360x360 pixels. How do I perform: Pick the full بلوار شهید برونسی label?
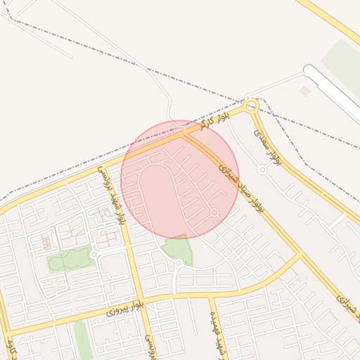(115, 195)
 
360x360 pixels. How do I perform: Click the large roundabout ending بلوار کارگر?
(252, 106)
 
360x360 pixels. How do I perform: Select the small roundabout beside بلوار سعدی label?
(262, 169)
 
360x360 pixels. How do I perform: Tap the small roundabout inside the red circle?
(214, 212)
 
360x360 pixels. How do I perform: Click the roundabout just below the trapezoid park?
(179, 263)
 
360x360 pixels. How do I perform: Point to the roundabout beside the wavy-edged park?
(94, 254)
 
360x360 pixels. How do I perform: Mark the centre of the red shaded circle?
(180, 179)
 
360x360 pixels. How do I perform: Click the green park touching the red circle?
(177, 247)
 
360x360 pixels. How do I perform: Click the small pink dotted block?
(46, 242)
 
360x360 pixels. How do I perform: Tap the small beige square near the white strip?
(304, 91)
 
